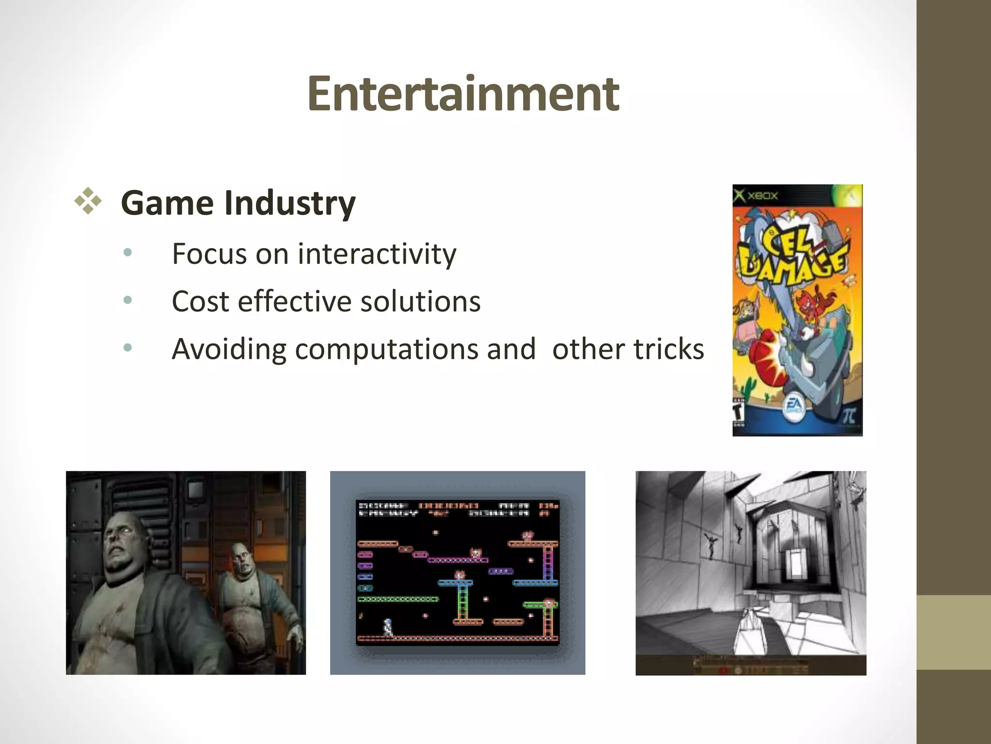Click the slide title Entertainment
coord(463,94)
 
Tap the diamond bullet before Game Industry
coord(88,201)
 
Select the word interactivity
coord(376,254)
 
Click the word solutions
coord(420,301)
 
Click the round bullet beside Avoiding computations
coord(128,347)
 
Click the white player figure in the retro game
coord(388,627)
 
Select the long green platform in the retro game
coord(398,599)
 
